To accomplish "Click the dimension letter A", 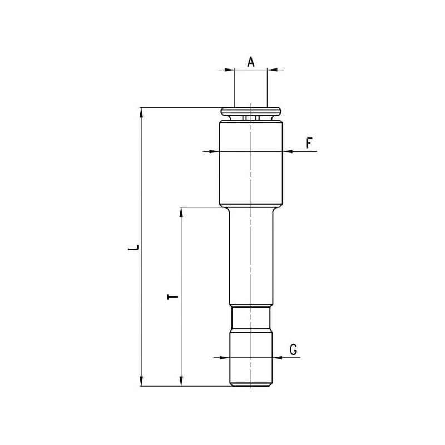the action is coord(251,62).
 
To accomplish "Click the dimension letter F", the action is coord(309,143).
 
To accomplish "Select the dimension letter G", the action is coord(294,349).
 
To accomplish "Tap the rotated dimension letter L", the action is coord(133,247).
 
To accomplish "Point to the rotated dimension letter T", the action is coord(172,297).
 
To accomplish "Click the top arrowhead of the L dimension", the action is coord(141,113).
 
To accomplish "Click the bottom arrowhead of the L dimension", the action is coord(141,381).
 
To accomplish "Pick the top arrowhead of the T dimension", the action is coord(181,212).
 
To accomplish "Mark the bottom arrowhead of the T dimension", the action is coord(181,381).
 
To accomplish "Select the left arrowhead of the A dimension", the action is coord(230,70).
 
